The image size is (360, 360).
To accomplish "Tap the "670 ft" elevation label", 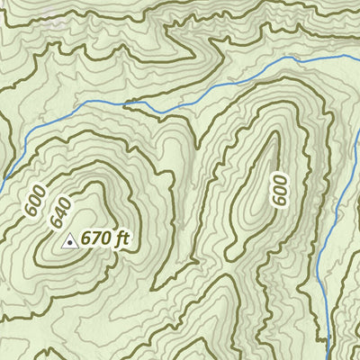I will (106, 239).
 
